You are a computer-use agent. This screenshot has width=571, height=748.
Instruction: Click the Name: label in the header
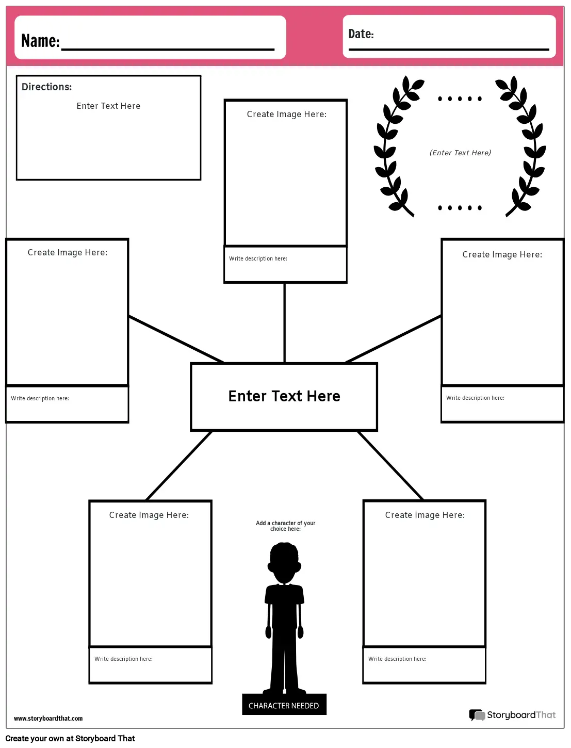click(x=40, y=41)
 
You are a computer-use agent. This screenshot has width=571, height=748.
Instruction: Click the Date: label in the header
click(x=361, y=34)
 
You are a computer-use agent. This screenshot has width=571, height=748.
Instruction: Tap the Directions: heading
click(x=46, y=87)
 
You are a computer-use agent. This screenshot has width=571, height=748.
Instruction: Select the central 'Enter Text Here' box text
click(x=284, y=396)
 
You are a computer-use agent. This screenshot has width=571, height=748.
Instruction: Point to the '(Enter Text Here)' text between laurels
click(x=460, y=153)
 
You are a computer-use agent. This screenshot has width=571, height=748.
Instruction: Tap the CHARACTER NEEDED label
click(x=284, y=705)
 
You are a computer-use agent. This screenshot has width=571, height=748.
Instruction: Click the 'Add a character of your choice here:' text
click(x=285, y=526)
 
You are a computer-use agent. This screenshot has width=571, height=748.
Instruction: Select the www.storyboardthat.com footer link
click(x=48, y=718)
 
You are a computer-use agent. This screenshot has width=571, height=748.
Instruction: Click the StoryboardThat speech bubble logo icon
click(x=477, y=715)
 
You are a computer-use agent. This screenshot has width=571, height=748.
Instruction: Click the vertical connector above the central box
click(x=284, y=322)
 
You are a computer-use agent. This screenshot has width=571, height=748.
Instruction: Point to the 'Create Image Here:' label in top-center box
click(x=287, y=114)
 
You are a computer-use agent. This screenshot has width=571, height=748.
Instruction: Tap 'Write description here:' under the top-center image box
click(x=258, y=258)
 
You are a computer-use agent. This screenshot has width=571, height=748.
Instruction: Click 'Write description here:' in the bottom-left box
click(x=123, y=659)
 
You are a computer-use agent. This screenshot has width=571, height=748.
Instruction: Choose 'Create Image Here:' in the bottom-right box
click(x=425, y=515)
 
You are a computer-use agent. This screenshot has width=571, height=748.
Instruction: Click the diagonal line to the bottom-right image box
click(x=390, y=465)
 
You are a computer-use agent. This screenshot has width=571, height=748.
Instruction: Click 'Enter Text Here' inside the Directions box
click(x=108, y=106)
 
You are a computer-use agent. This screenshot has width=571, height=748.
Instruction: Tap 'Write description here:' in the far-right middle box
click(x=475, y=398)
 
